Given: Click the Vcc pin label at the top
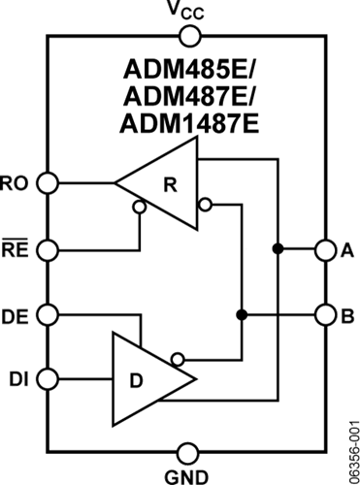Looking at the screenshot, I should [186, 11].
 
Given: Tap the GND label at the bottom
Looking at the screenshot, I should [186, 475].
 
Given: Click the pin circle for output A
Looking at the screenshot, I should [324, 250].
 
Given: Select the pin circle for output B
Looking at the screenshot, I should [324, 314].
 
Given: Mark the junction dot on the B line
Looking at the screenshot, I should [242, 314].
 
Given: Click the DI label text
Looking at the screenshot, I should [16, 377].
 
